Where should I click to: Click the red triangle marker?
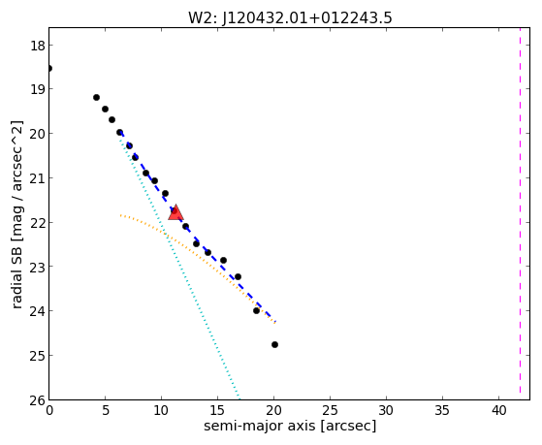point(175,212)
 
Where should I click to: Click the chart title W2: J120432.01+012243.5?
point(290,17)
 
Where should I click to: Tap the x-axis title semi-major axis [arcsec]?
point(290,426)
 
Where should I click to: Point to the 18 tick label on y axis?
point(37,46)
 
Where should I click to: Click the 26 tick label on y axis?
point(37,400)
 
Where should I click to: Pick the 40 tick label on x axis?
point(498,410)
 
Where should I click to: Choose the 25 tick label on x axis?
point(330,410)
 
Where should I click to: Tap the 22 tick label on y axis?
point(37,222)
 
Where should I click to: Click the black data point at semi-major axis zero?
point(49,69)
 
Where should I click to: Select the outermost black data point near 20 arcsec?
point(274,345)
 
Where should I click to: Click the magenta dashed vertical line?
point(520,211)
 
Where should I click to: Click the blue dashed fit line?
point(198,227)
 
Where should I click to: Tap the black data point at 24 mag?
point(256,311)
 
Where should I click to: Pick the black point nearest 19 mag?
point(96,98)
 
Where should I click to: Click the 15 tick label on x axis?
point(217,410)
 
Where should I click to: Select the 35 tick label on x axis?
point(442,410)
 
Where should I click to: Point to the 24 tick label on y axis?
point(37,311)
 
